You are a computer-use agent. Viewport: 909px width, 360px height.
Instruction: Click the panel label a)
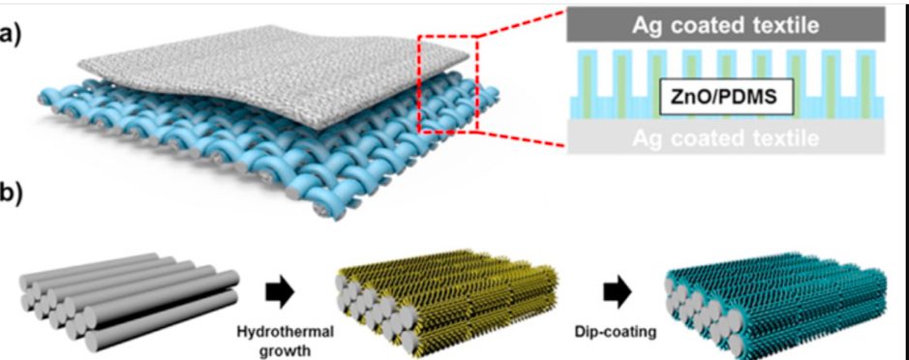point(11,36)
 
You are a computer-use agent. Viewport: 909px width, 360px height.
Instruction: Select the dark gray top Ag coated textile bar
point(726,25)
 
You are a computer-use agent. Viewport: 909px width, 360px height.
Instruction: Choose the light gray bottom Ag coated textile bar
point(726,137)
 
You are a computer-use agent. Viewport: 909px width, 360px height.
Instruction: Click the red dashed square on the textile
point(447,84)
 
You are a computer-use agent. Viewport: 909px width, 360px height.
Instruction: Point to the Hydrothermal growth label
point(285,341)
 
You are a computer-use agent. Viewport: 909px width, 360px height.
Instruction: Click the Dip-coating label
point(616,333)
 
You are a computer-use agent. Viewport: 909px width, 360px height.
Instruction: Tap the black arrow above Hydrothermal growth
point(280,293)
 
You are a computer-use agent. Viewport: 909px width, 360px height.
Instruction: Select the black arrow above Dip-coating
point(618,293)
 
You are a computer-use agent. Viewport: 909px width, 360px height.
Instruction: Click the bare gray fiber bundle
point(128,302)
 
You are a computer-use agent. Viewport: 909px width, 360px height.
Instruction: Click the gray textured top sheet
point(272,75)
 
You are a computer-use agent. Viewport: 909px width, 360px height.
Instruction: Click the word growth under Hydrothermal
point(285,350)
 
